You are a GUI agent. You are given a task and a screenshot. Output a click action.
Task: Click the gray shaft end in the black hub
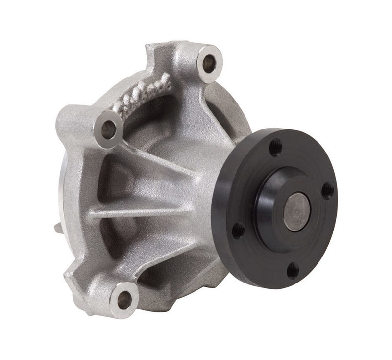tap(297, 211)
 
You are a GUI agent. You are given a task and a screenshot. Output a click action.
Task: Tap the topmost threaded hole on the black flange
tap(275, 147)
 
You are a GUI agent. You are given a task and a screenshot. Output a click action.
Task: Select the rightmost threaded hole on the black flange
tap(327, 191)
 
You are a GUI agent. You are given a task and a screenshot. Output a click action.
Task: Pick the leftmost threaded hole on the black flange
tap(238, 230)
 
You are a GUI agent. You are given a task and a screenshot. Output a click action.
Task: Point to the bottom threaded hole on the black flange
tap(293, 270)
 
